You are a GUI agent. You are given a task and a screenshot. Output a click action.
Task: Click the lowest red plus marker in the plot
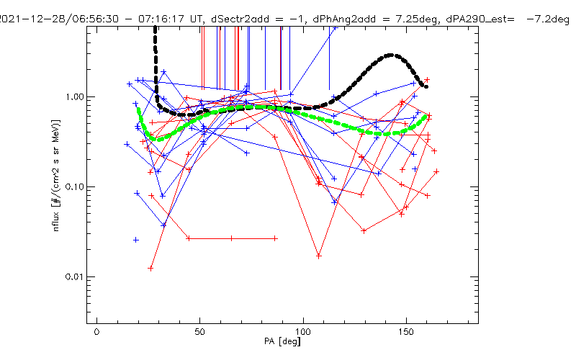[x=151, y=268]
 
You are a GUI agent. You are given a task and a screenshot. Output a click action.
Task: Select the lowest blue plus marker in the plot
[x=135, y=240]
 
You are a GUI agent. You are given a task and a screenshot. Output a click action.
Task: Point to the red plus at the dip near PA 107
[x=318, y=256]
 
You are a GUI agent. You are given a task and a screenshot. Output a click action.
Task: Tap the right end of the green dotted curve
[x=428, y=116]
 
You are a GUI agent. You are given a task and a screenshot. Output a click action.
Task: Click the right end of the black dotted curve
[x=426, y=87]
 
